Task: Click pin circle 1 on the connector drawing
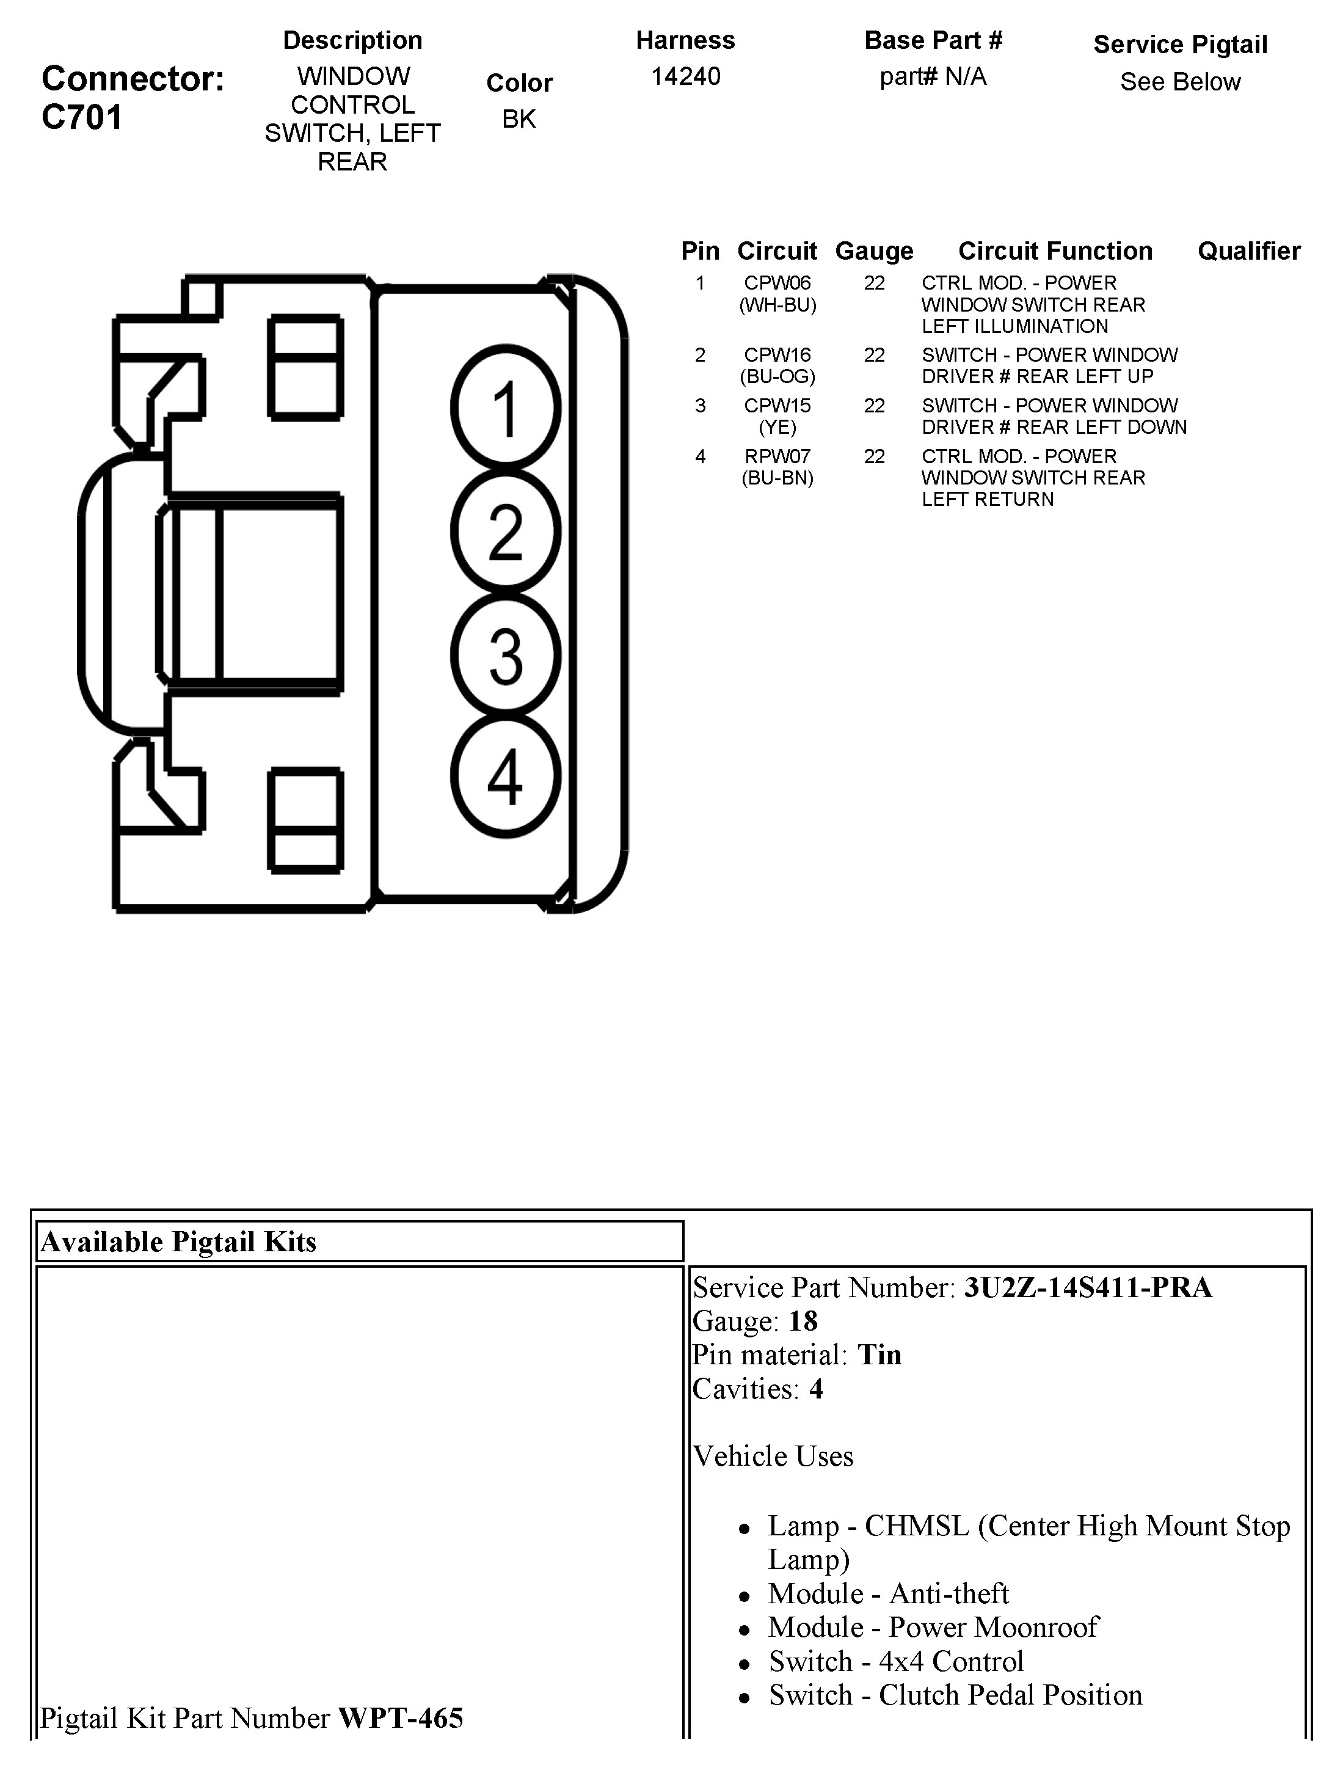(506, 408)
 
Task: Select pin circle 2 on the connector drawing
(506, 532)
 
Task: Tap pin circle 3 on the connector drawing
(506, 655)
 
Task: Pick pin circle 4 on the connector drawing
(506, 776)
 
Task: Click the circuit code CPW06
(777, 283)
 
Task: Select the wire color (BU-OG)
(777, 376)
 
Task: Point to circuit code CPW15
(777, 406)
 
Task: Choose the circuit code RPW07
(777, 456)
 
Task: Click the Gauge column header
(874, 251)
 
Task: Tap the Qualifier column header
(1249, 251)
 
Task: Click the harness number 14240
(685, 76)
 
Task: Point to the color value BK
(519, 119)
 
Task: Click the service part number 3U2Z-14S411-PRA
(1088, 1288)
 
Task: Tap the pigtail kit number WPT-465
(401, 1719)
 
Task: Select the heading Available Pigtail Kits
(179, 1242)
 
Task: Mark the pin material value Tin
(879, 1355)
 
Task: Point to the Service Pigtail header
(1179, 45)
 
